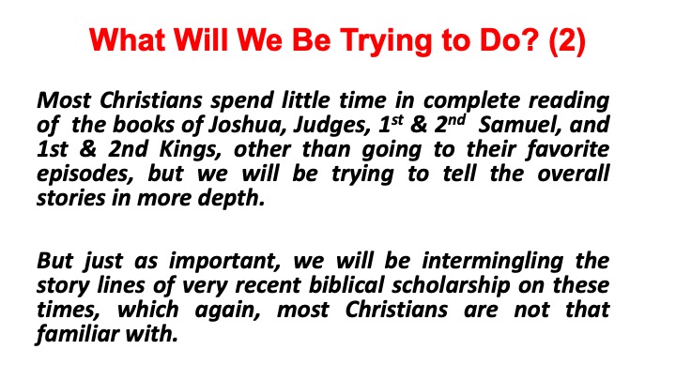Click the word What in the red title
[128, 40]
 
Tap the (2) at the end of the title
[567, 41]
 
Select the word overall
[574, 174]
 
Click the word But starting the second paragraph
[54, 261]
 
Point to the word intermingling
[492, 262]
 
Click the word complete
[472, 101]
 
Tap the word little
[306, 100]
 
